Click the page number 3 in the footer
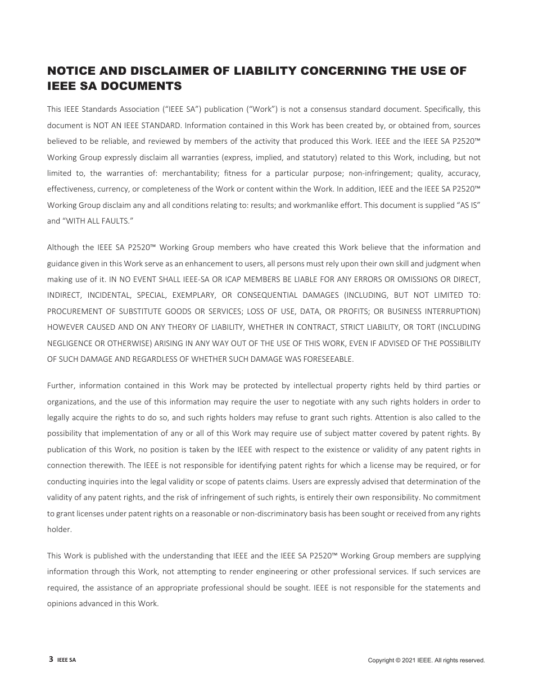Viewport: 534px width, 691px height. (51, 660)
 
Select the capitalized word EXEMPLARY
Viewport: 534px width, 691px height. (198, 295)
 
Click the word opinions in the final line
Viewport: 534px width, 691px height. (62, 604)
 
